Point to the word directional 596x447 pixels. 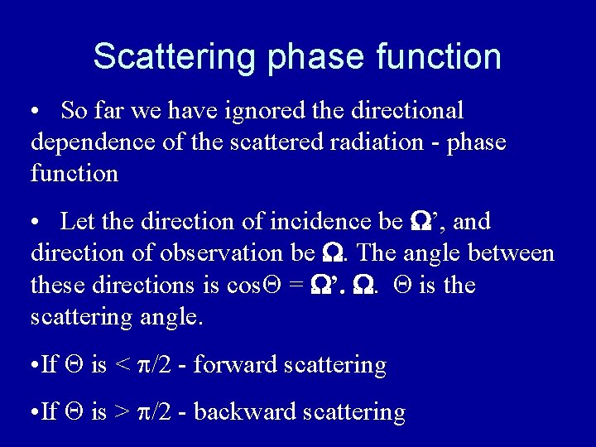pos(409,110)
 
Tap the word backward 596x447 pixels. pos(249,411)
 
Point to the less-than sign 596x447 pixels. pos(122,366)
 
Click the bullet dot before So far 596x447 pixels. pos(36,111)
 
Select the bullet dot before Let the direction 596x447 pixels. pos(36,223)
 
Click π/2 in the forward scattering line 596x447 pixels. pos(156,366)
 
